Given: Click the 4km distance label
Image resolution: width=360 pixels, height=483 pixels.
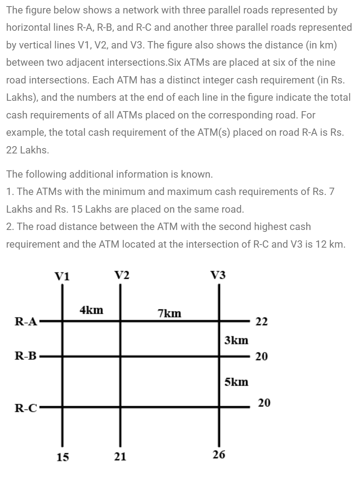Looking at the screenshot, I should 91,310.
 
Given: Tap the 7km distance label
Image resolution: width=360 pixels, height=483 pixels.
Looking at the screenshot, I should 169,313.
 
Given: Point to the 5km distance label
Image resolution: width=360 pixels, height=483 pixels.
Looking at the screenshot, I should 236,382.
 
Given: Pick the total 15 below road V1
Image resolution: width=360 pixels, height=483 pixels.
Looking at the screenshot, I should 63,457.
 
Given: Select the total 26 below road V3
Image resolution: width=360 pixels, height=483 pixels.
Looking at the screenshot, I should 219,455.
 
